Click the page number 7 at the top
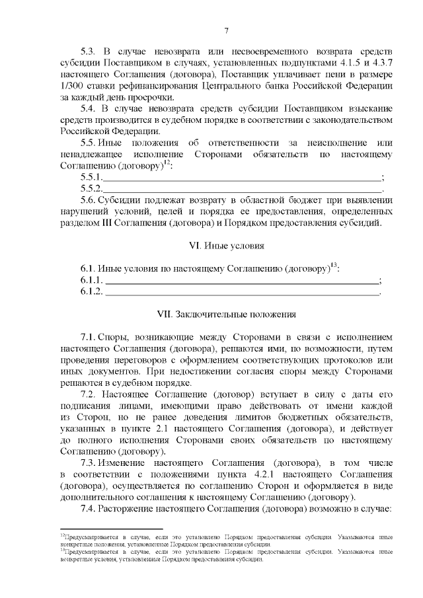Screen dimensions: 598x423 [x=226, y=31]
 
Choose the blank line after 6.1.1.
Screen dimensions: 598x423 [x=242, y=281]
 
